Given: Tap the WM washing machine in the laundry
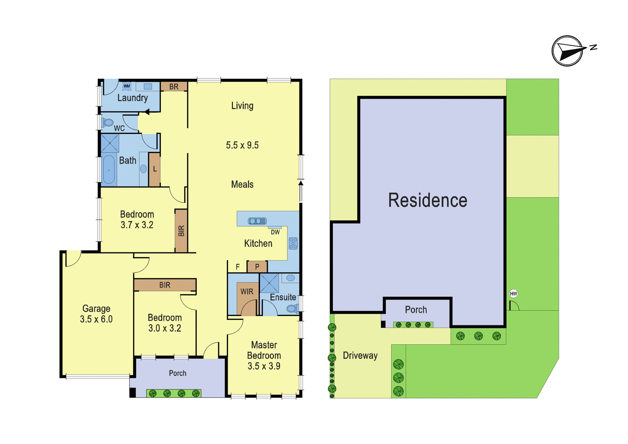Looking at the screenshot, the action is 127,86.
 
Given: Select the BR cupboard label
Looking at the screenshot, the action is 174,87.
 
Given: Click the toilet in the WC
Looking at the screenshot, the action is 107,122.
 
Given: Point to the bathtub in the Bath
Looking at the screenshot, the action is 109,170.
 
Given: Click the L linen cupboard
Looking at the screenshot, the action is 154,170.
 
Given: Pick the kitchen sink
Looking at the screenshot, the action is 257,221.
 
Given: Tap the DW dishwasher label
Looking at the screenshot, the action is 275,232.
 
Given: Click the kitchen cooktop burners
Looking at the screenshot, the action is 293,243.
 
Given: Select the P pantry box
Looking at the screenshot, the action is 257,267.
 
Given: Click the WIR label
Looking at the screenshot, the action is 247,292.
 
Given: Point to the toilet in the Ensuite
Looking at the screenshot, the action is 292,309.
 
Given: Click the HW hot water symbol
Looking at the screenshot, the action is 513,294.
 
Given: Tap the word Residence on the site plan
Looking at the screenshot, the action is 427,200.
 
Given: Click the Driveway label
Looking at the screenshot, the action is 360,356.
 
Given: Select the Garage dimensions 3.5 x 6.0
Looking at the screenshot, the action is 96,319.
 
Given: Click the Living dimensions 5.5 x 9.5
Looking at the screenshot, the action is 242,145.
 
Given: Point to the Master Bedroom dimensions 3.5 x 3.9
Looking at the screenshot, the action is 264,366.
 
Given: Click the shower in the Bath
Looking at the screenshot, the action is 110,143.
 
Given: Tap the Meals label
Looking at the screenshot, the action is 242,184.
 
